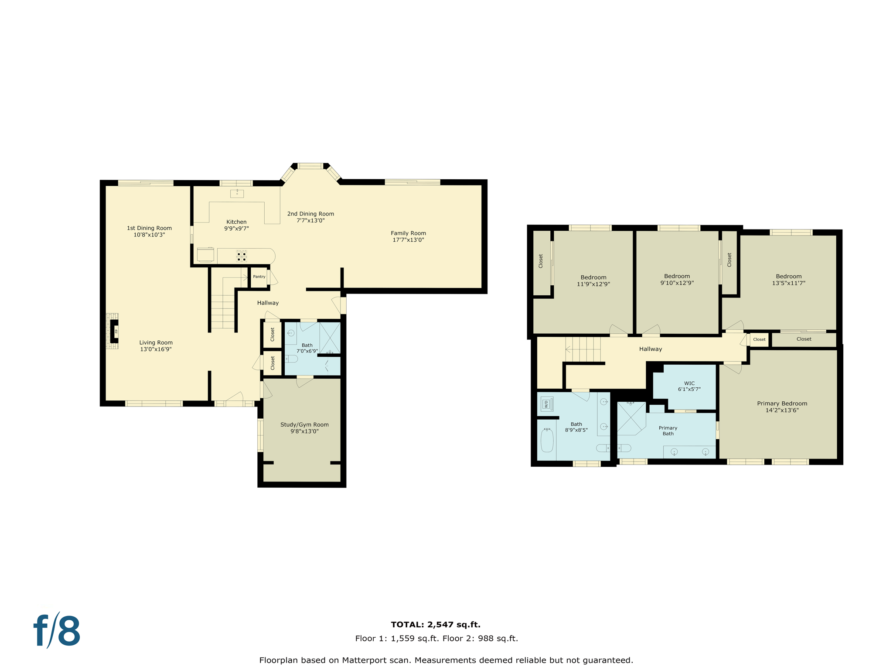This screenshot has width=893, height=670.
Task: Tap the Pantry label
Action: point(259,277)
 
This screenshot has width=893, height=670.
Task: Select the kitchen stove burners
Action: point(242,256)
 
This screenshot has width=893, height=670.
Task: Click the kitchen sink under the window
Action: point(237,194)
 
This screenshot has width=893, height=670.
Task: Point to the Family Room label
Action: point(408,233)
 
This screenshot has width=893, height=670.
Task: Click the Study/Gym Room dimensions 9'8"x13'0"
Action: point(304,431)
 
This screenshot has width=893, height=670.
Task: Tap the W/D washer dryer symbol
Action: point(547,404)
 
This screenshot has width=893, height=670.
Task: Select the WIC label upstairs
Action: point(689,383)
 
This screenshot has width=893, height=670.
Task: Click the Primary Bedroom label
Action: point(782,403)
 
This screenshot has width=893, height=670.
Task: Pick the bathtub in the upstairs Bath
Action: point(547,441)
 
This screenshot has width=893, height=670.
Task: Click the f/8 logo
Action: point(57,631)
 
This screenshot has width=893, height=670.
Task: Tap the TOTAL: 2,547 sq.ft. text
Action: point(435,625)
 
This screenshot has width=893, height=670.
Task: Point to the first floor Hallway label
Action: point(268,303)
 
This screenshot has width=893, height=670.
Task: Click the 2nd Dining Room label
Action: point(310,214)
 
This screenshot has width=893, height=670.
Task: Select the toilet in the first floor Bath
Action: point(291,359)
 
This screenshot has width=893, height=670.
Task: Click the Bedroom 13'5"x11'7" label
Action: point(788,277)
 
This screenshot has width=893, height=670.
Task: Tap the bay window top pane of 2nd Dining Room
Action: point(310,166)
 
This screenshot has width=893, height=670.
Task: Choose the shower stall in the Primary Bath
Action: point(631,418)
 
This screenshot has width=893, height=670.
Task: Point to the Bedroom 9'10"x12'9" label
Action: point(677,277)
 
